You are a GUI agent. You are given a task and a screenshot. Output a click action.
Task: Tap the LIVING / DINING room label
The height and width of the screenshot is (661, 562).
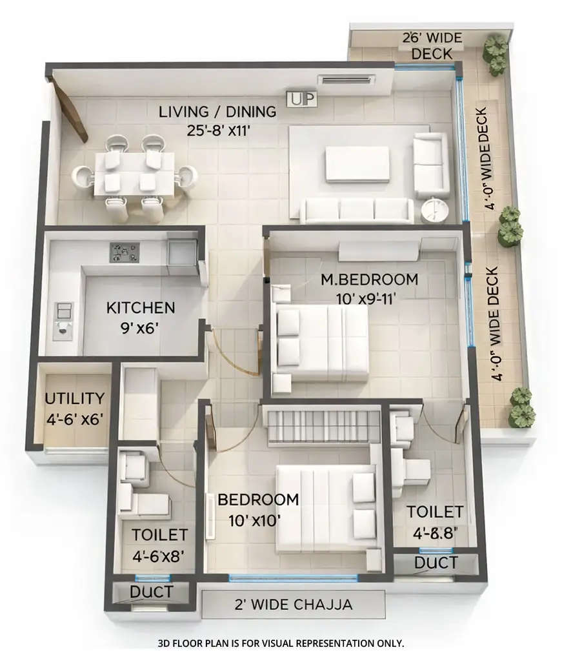[217, 112]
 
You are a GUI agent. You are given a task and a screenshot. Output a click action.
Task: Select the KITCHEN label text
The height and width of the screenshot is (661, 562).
[141, 307]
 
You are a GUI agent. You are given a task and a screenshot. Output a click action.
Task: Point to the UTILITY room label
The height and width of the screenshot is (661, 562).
[75, 398]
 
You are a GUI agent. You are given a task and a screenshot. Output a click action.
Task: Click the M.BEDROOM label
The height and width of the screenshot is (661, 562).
[370, 280]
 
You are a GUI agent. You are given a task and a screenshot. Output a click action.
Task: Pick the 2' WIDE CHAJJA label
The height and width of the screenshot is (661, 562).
[294, 605]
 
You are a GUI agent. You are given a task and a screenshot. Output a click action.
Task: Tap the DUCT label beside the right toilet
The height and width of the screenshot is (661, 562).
[436, 563]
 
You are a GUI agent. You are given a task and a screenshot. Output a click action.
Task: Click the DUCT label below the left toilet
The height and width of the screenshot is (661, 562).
[151, 592]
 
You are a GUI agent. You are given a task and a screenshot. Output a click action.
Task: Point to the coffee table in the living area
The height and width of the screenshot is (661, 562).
[357, 164]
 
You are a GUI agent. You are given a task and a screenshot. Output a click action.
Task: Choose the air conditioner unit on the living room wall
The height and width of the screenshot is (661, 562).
[346, 80]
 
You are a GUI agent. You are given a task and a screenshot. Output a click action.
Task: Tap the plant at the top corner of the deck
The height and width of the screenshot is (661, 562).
[496, 54]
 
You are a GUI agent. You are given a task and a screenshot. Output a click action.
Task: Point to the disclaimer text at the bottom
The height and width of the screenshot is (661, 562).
[281, 643]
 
